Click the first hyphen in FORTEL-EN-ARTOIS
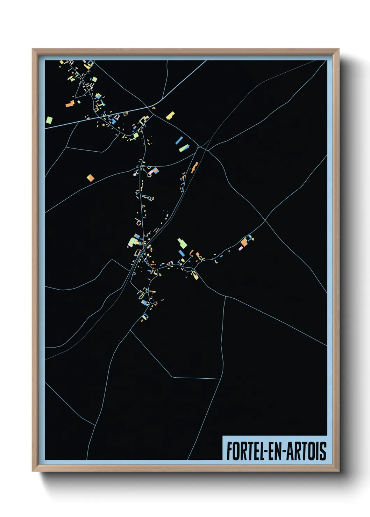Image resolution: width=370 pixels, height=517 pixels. [x=266, y=451]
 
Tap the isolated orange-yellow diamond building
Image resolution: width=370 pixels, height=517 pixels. [x=91, y=178]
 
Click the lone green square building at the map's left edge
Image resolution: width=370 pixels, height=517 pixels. [x=49, y=120]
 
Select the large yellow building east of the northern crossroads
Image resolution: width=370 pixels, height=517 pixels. [x=170, y=115]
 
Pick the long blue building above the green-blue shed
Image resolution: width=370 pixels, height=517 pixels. [x=179, y=140]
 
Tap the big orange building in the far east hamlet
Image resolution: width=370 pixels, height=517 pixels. [x=244, y=242]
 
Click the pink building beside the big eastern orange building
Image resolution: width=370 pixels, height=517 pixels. [x=241, y=248]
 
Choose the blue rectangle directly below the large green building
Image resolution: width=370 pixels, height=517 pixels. [x=181, y=253]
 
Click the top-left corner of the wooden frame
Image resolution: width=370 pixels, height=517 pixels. [x=33, y=49]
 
